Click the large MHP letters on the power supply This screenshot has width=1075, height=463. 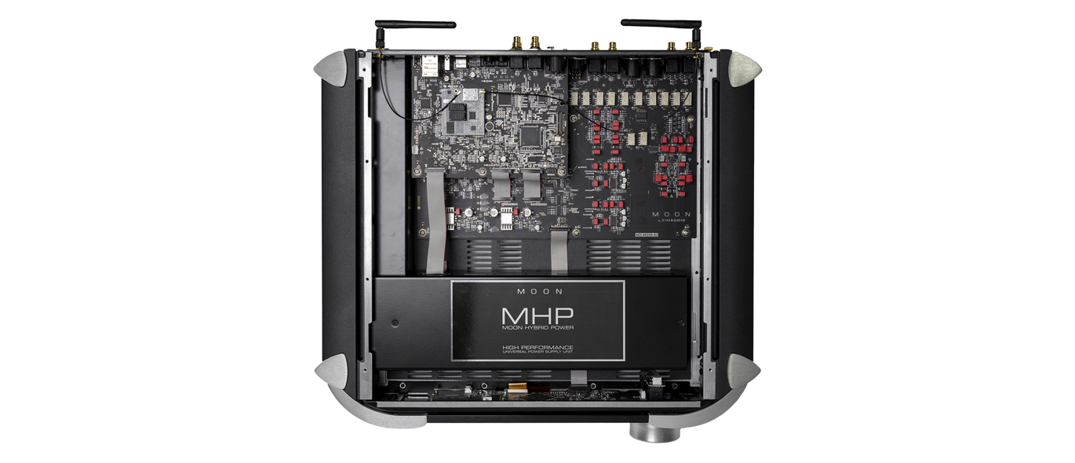click(x=537, y=316)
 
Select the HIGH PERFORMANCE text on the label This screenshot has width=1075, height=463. click(x=537, y=346)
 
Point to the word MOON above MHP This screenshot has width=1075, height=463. click(x=537, y=290)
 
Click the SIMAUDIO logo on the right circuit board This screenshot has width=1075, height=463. click(x=672, y=221)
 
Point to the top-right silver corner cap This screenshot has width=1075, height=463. click(x=742, y=67)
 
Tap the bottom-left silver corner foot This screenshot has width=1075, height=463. click(x=333, y=374)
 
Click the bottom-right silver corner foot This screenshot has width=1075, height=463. click(x=742, y=372)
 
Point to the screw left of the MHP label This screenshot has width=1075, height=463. click(x=395, y=322)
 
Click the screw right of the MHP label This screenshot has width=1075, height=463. click(x=680, y=322)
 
